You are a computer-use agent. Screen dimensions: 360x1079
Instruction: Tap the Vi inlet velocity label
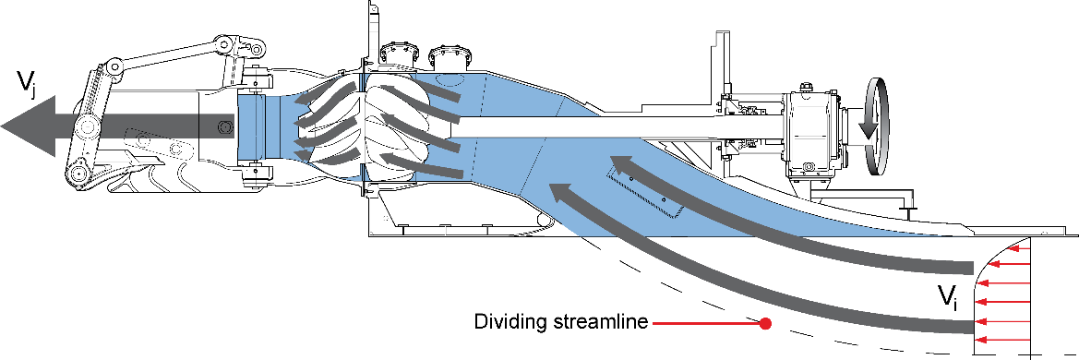coord(948,297)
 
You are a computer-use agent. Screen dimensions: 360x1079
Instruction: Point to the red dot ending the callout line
coord(764,323)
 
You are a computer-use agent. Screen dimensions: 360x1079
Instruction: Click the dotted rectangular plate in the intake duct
coord(646,189)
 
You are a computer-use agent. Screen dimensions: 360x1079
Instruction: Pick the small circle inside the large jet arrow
coord(223,126)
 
